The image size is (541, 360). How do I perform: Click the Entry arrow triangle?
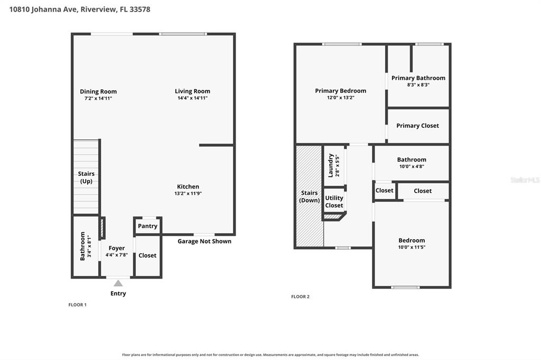pyautogui.click(x=118, y=283)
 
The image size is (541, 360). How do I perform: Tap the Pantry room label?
pyautogui.click(x=148, y=226)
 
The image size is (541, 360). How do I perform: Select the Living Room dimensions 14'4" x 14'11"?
pyautogui.click(x=192, y=98)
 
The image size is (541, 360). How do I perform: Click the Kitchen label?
pyautogui.click(x=188, y=186)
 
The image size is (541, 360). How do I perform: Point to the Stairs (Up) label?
pyautogui.click(x=86, y=177)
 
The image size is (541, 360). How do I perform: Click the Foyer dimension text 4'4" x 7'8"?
pyautogui.click(x=117, y=255)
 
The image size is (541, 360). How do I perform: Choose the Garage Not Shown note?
pyautogui.click(x=204, y=241)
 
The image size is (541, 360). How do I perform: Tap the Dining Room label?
pyautogui.click(x=98, y=91)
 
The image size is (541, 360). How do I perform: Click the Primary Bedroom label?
pyautogui.click(x=341, y=91)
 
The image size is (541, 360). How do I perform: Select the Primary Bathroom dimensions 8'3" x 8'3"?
pyautogui.click(x=418, y=85)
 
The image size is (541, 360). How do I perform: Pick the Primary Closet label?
pyautogui.click(x=417, y=126)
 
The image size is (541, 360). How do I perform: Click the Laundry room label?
pyautogui.click(x=331, y=166)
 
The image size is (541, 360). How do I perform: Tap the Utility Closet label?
pyautogui.click(x=334, y=202)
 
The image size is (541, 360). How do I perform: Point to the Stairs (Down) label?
pyautogui.click(x=309, y=196)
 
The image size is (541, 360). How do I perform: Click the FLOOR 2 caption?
pyautogui.click(x=301, y=297)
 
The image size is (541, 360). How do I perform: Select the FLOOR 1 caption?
pyautogui.click(x=78, y=305)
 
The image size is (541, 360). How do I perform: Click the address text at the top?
pyautogui.click(x=80, y=10)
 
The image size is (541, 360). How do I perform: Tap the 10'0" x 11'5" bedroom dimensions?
pyautogui.click(x=412, y=247)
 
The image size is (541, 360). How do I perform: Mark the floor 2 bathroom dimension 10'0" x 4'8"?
pyautogui.click(x=412, y=166)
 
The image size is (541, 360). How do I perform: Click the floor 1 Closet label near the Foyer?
pyautogui.click(x=147, y=255)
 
